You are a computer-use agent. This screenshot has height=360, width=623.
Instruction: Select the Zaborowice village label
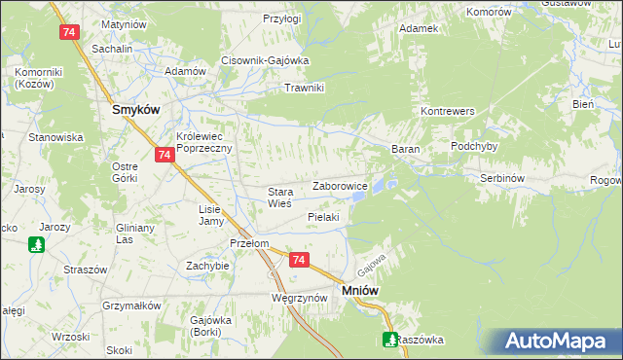pyautogui.click(x=339, y=185)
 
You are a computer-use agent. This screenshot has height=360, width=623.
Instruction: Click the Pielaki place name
pyautogui.click(x=322, y=217)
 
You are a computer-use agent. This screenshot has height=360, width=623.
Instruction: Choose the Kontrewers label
pyautogui.click(x=447, y=112)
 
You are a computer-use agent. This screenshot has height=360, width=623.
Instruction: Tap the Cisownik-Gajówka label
pyautogui.click(x=265, y=59)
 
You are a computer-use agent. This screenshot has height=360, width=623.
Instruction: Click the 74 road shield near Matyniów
pyautogui.click(x=68, y=32)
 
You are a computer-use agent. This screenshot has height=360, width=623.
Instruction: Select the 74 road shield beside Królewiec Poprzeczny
pyautogui.click(x=164, y=155)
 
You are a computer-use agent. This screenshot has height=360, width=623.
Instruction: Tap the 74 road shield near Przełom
pyautogui.click(x=299, y=260)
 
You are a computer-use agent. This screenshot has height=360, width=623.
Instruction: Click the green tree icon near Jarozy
pyautogui.click(x=36, y=245)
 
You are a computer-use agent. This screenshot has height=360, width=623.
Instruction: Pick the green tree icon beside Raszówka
pyautogui.click(x=389, y=340)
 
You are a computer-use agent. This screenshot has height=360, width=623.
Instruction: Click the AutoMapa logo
pyautogui.click(x=560, y=341)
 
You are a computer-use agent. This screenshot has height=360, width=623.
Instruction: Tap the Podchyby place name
pyautogui.click(x=474, y=146)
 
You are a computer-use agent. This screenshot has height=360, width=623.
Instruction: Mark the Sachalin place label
pyautogui.click(x=111, y=48)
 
